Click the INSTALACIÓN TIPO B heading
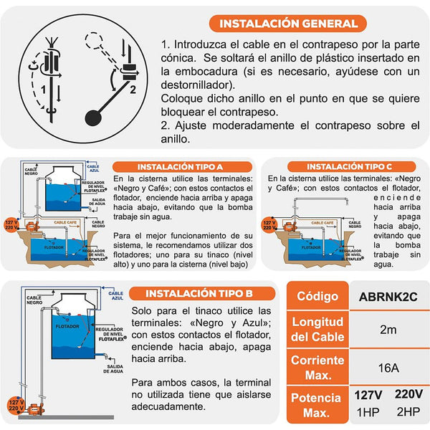[198, 294]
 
